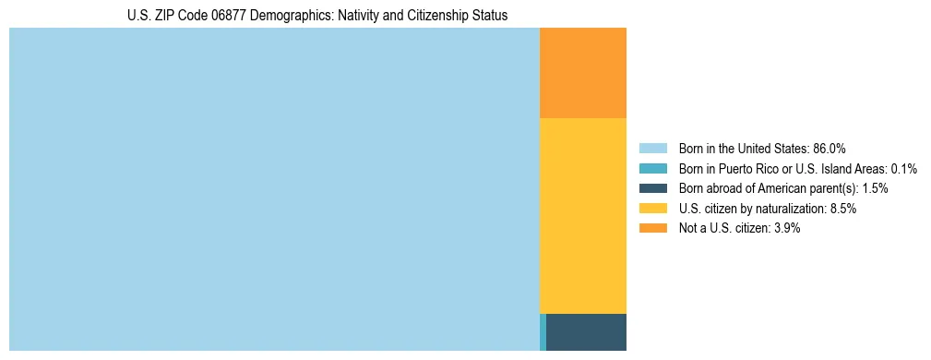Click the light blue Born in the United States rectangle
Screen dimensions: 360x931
[x=274, y=189]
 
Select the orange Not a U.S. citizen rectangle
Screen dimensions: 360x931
[x=582, y=73]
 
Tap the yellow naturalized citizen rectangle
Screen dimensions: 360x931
[x=582, y=216]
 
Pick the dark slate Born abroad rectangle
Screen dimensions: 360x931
[x=586, y=332]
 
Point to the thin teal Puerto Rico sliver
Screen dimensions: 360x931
[x=543, y=332]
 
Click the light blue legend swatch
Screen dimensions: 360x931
[x=652, y=148]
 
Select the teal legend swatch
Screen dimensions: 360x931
[x=652, y=168]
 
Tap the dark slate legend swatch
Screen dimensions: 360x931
[x=652, y=188]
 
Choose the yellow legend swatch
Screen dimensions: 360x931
[x=652, y=209]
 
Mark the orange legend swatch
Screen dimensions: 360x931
[x=652, y=229]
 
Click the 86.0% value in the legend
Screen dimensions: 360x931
[x=830, y=148]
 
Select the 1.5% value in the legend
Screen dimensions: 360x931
[x=876, y=188]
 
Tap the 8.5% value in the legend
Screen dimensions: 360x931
[x=841, y=209]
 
